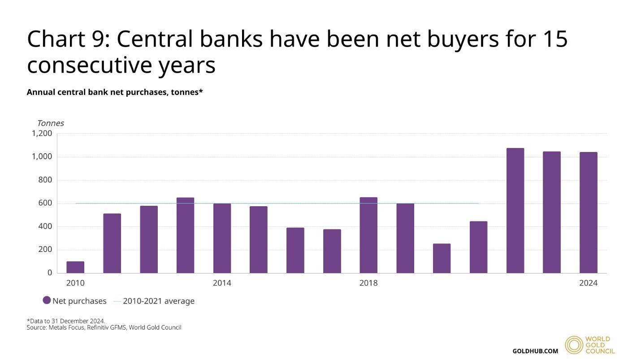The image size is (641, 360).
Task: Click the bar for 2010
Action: coord(75,267)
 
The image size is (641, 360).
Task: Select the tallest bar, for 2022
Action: coord(515,211)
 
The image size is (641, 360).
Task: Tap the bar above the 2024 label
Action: coord(588,213)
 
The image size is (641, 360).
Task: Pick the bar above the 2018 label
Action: coord(368,235)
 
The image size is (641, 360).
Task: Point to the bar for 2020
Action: coord(442,258)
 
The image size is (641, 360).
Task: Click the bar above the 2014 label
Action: coord(222,238)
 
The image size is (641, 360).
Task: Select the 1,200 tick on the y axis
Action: coord(42,134)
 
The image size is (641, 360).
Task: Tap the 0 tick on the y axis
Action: coord(50,273)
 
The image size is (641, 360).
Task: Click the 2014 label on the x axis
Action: coord(222,283)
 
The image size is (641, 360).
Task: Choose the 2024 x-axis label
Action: coord(588,283)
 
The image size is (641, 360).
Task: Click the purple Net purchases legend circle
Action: coord(47,300)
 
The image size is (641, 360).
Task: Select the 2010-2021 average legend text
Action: coord(159,301)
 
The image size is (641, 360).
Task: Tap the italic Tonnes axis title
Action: coord(50,123)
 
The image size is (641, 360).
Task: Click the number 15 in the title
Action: coord(555,39)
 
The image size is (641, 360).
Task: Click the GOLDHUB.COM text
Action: coord(535,351)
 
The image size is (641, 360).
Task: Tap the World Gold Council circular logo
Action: coord(574,345)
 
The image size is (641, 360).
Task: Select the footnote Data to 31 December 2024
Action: coord(66,321)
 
